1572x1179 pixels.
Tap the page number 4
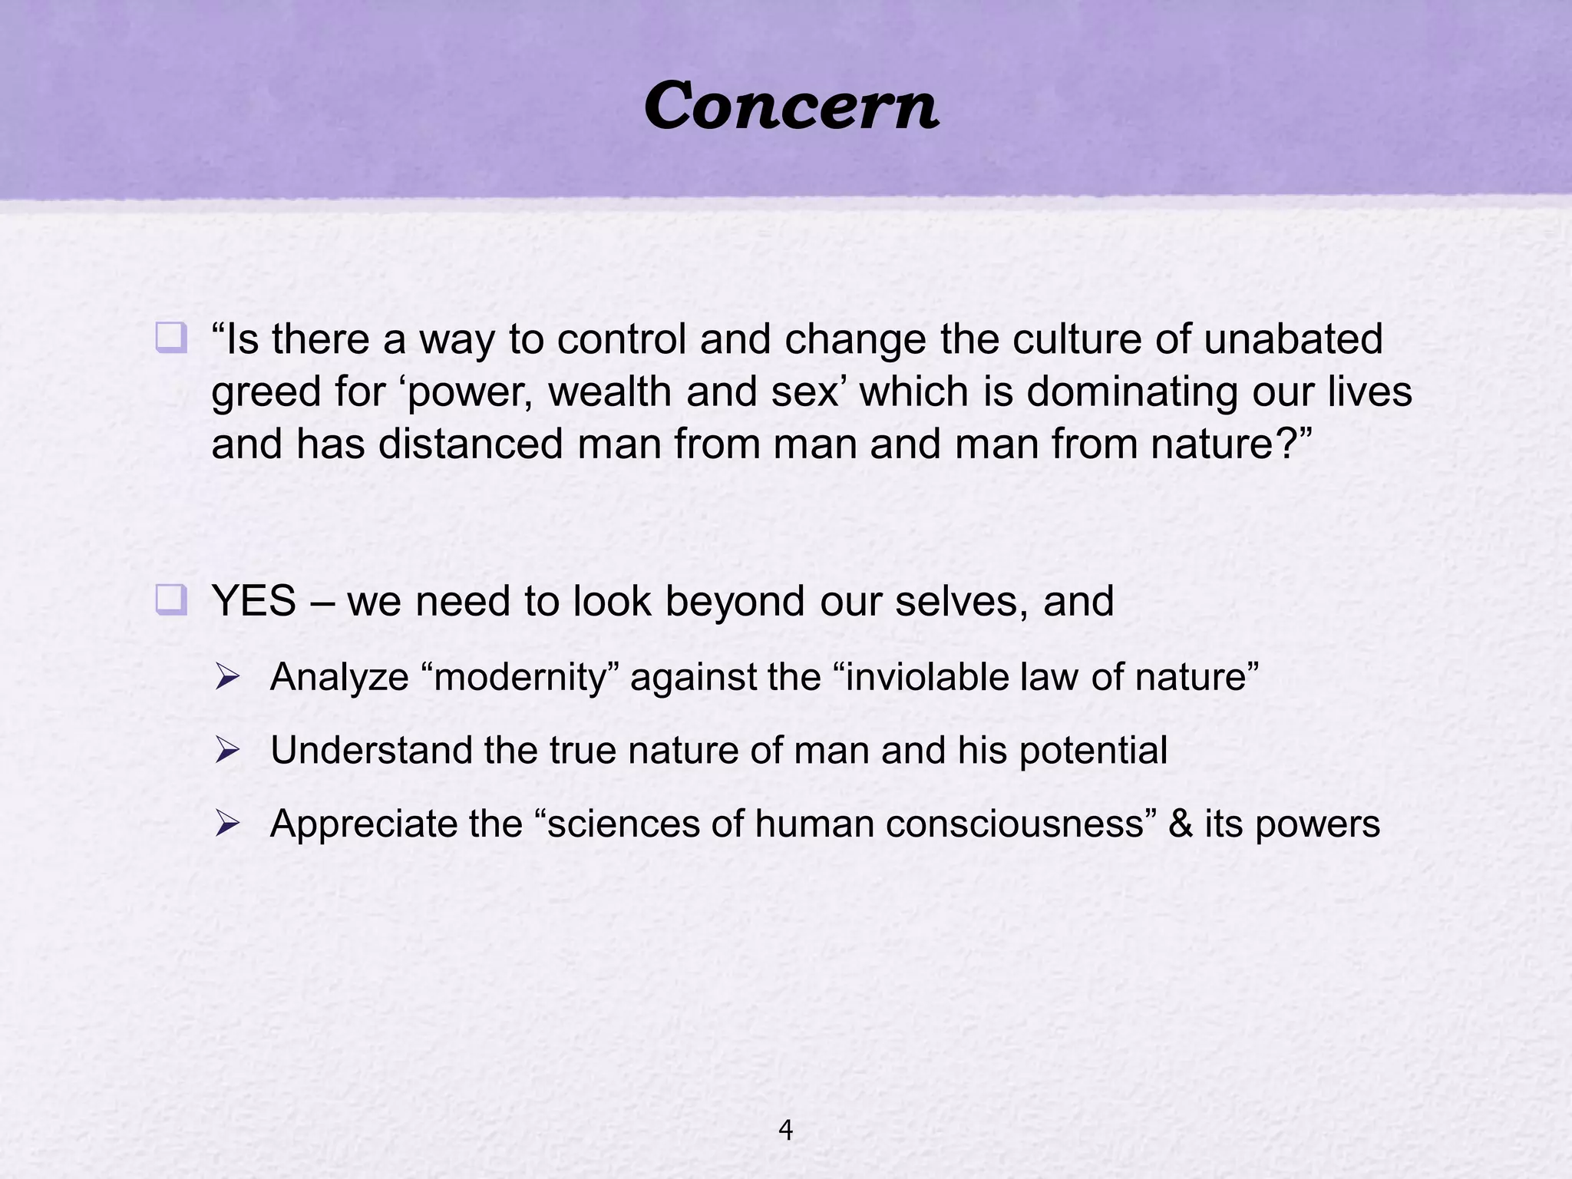785,1130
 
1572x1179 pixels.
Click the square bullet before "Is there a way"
170,338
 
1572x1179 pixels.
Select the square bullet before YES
170,599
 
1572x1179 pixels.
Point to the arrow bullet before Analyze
228,677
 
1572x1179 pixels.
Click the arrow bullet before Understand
228,750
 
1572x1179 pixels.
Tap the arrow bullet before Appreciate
228,824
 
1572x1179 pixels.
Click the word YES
254,601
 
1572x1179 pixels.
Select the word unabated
1293,339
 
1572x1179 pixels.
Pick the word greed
266,393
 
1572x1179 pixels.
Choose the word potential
1093,751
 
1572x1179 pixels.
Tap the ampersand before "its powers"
1181,824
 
